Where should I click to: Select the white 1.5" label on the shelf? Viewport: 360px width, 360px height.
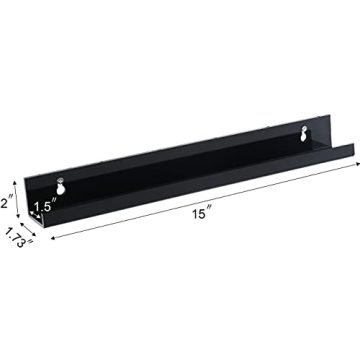click(42, 207)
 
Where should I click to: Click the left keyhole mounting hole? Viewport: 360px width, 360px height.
click(62, 186)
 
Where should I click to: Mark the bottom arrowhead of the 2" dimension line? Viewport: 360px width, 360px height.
click(19, 222)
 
